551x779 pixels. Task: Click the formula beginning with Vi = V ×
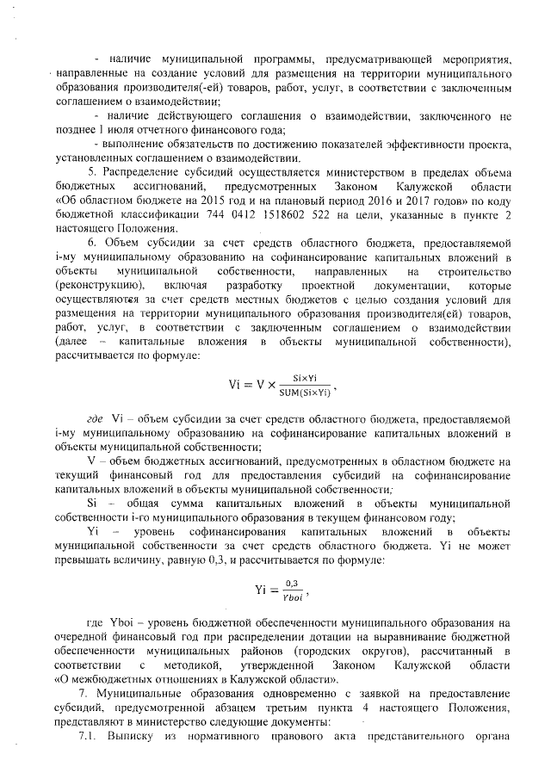275,382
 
